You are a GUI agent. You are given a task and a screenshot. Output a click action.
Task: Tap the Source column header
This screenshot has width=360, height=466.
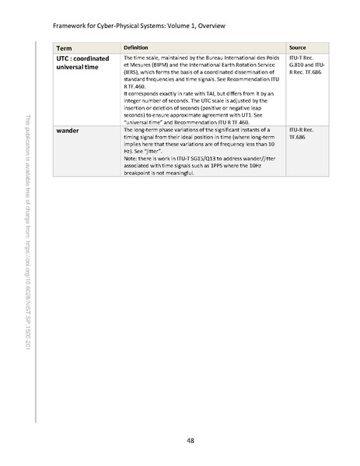pos(297,47)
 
